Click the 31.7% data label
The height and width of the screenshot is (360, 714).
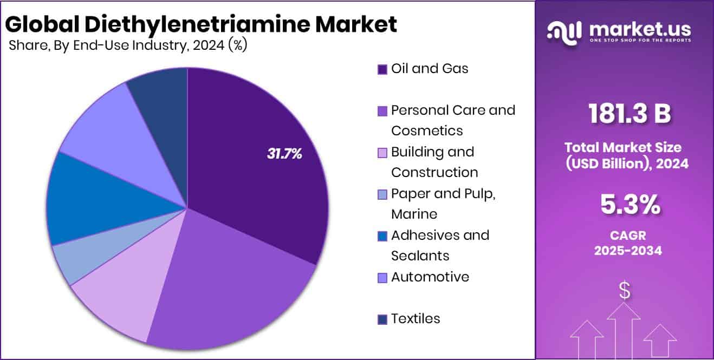tap(284, 154)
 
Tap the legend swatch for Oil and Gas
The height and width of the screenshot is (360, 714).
tap(382, 69)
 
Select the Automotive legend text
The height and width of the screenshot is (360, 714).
tap(430, 277)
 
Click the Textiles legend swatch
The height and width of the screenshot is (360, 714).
tap(382, 319)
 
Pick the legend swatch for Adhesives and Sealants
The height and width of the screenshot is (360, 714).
tap(382, 236)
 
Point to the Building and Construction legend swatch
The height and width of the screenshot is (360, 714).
tap(382, 153)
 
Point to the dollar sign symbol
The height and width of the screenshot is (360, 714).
tap(625, 291)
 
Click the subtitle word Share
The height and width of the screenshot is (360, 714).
tap(26, 45)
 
